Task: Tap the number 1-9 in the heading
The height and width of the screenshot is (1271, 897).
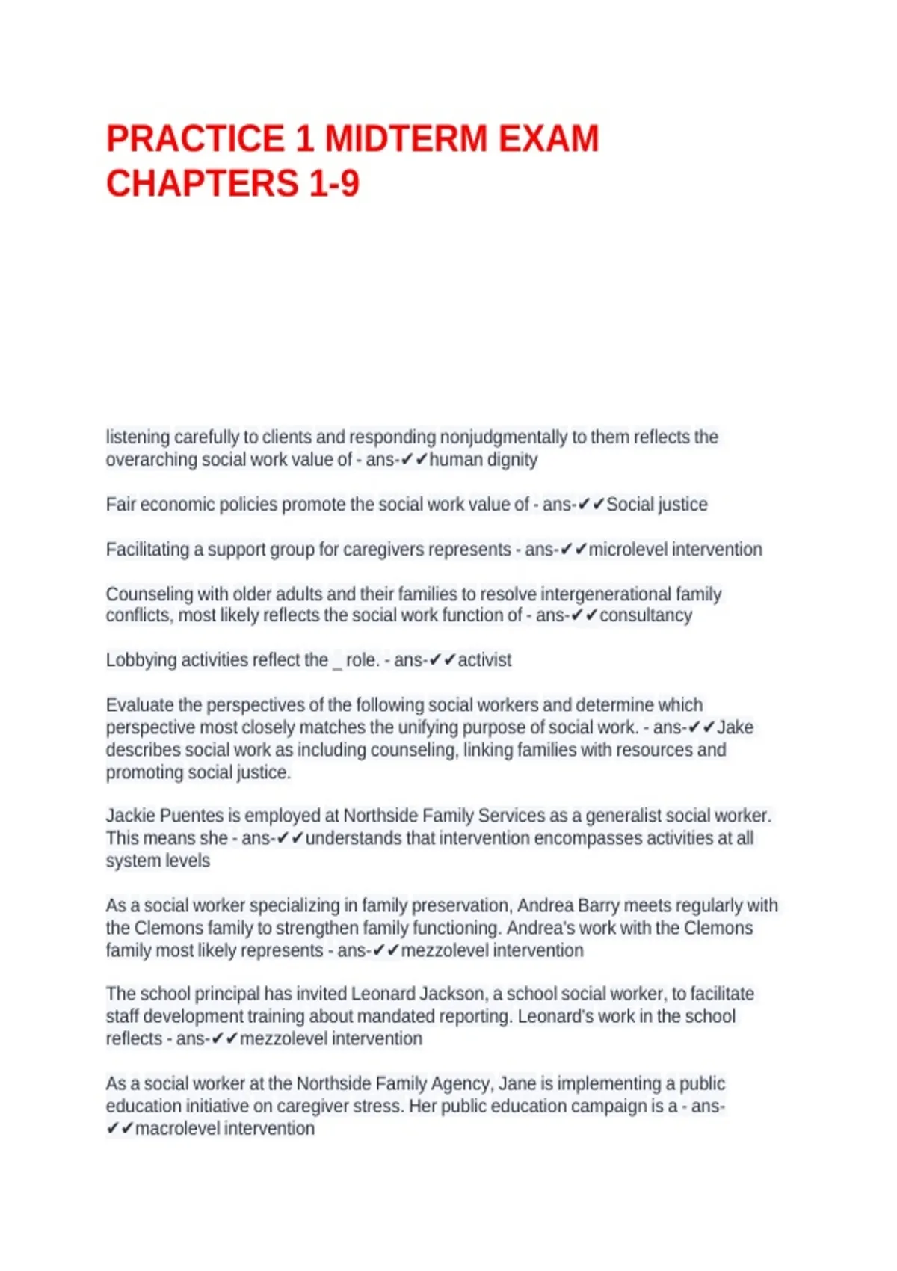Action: coord(333,184)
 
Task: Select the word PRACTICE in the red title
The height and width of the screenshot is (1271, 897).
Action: coord(195,139)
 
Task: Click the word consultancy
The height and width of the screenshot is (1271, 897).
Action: coord(646,615)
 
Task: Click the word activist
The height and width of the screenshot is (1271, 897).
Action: coord(484,660)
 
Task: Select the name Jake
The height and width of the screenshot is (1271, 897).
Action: coord(736,727)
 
